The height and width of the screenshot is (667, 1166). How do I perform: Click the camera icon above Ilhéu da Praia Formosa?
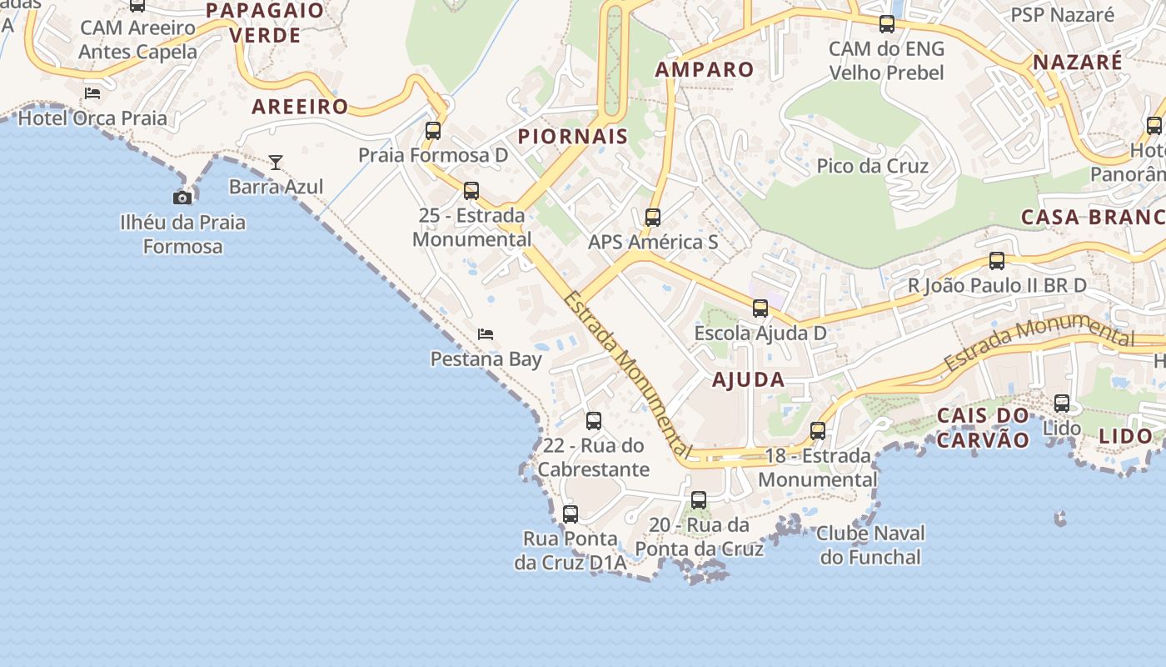(182, 198)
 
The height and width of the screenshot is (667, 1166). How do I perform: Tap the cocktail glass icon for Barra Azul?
(276, 162)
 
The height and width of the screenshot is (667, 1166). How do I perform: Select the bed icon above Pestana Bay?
(486, 334)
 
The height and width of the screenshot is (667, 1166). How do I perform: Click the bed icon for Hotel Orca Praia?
(92, 93)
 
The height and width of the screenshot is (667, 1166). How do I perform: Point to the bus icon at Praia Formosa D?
(433, 130)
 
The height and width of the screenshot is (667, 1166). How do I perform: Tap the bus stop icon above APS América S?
(653, 218)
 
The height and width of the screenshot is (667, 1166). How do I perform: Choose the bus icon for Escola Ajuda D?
(760, 308)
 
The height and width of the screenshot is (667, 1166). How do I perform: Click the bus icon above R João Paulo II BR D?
(997, 261)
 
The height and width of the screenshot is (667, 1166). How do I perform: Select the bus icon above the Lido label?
(1062, 404)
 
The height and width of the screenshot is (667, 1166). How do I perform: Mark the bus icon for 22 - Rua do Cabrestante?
(594, 421)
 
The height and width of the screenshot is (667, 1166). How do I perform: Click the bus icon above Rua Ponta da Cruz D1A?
(571, 514)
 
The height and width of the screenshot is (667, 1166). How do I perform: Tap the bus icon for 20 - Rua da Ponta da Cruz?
(699, 500)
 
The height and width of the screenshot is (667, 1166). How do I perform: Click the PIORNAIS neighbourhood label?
(573, 137)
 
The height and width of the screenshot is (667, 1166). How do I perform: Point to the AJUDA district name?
(748, 380)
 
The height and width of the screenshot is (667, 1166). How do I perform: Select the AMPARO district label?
(705, 69)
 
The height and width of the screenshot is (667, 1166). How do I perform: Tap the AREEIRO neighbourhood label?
(300, 107)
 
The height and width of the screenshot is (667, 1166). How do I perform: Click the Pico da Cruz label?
(872, 166)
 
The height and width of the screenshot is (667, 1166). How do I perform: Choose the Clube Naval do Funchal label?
(870, 545)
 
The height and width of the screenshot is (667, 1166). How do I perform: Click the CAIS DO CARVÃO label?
(983, 428)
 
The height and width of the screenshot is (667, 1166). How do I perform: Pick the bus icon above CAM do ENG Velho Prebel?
(887, 24)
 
